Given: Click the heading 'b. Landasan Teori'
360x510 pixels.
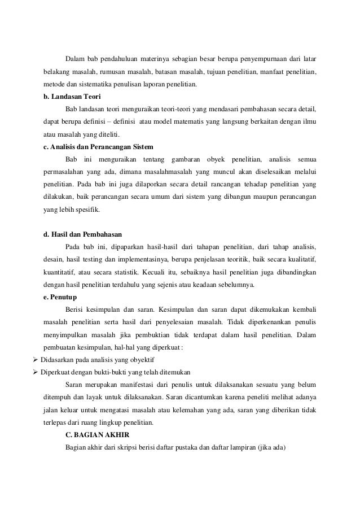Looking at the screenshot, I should [x=68, y=97].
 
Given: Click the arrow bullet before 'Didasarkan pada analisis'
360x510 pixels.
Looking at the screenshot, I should [x=36, y=360].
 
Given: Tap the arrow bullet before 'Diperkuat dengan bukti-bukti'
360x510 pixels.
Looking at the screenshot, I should [x=36, y=372].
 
